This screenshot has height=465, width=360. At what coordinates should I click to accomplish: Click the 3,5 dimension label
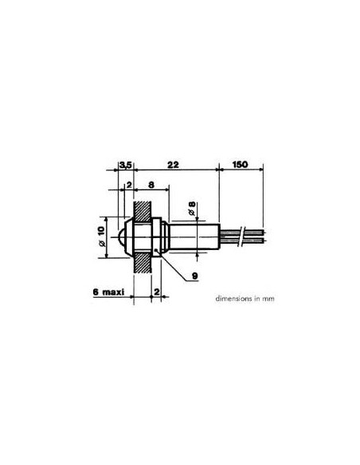[125, 165]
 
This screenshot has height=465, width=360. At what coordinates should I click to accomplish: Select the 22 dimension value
[173, 165]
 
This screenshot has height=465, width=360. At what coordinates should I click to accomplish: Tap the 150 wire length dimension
[240, 164]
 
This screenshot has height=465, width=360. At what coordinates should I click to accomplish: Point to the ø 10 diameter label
[101, 236]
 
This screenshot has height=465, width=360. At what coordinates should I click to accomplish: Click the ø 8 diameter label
[192, 208]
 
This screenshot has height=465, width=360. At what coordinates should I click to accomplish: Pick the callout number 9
[194, 276]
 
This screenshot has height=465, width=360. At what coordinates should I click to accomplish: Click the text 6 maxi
[108, 292]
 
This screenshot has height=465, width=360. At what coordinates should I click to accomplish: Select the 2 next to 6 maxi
[157, 291]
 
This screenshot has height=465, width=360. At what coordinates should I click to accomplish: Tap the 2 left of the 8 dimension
[129, 185]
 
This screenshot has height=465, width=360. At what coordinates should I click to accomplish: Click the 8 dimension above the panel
[151, 185]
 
